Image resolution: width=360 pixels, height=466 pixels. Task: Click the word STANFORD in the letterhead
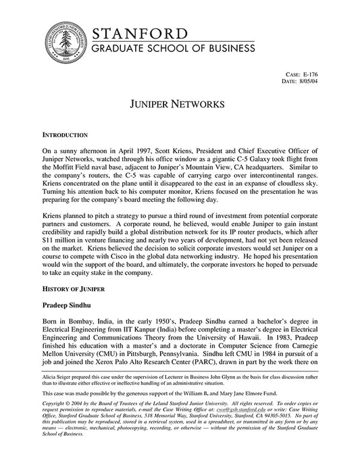click(139, 34)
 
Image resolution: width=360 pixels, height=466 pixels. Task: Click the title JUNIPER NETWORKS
click(179, 107)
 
